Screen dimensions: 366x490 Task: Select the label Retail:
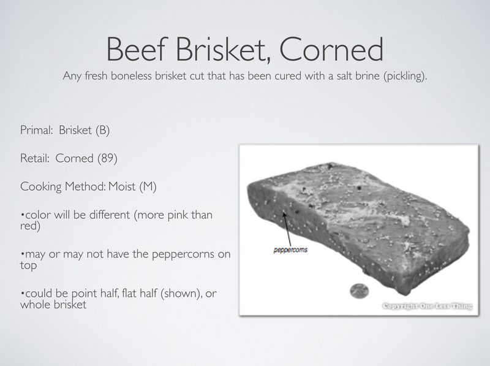(34, 158)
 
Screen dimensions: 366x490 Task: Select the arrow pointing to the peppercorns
(287, 231)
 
